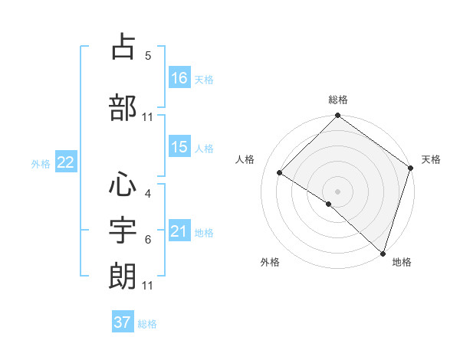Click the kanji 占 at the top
pos(123,47)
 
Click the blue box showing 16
pos(179,78)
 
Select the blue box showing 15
pos(179,147)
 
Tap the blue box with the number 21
pos(179,231)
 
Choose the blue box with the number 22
pos(66,162)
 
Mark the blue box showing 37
pos(123,322)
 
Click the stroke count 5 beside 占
pos(148,56)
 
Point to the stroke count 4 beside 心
pos(148,194)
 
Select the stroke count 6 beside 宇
pos(148,240)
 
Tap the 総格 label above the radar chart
pos(338,100)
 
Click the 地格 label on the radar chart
pos(402,262)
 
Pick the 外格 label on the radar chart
pos(270,262)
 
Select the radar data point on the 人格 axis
pos(280,172)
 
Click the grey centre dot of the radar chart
pos(337,191)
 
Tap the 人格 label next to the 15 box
pos(204,148)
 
